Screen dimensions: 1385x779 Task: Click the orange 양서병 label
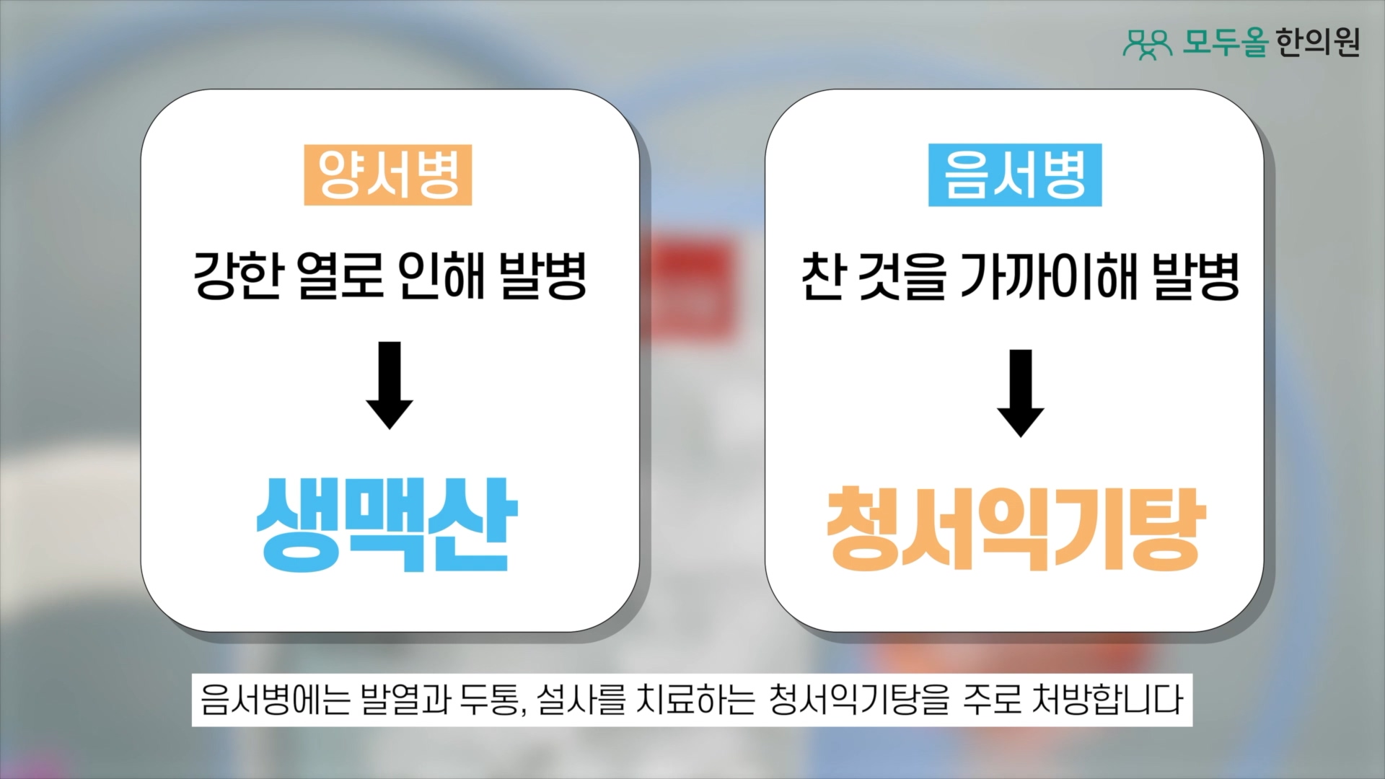tap(388, 175)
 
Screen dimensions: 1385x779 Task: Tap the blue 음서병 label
tap(1015, 175)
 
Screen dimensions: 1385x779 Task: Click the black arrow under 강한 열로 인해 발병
tap(390, 385)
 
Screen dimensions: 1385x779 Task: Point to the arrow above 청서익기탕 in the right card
tap(1021, 393)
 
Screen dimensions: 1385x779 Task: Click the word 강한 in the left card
tap(237, 276)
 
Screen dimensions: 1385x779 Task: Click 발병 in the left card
tap(543, 276)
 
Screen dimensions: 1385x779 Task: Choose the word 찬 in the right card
tap(823, 276)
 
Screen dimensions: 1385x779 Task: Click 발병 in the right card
tap(1197, 276)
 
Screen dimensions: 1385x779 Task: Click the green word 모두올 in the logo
tap(1225, 43)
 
